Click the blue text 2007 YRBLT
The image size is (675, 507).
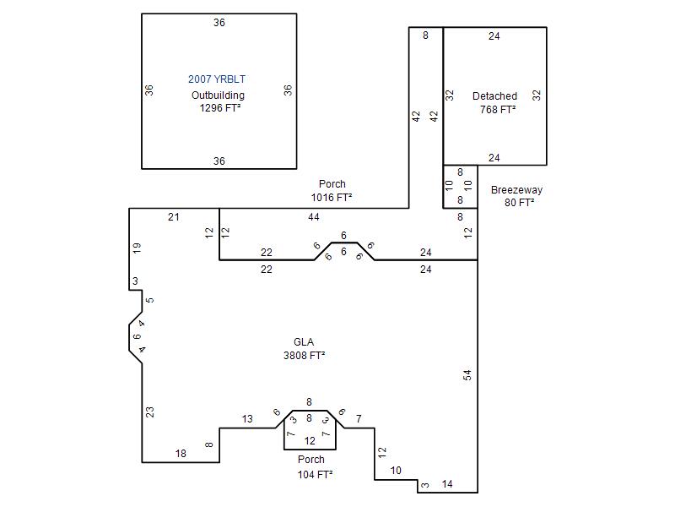coord(217,79)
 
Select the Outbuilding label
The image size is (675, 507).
coord(218,95)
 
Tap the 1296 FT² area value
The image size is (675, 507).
coord(220,108)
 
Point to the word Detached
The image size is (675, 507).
coord(494,96)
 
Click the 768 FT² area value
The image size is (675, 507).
coord(498,110)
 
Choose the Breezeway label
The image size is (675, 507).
coord(516,190)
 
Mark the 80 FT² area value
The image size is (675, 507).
coord(519,202)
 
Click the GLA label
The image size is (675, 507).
coord(304,342)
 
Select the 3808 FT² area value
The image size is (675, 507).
coord(304,355)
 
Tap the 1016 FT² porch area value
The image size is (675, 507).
coord(332,198)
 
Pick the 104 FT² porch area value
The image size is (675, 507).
coord(315,475)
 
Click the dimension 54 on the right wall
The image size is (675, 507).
coord(467,375)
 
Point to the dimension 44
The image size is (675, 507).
coord(314,217)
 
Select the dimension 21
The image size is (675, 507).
coord(174,217)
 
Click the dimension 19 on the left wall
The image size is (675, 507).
coord(137,248)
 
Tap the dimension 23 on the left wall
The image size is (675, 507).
coord(150,412)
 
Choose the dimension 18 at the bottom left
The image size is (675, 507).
coord(181,454)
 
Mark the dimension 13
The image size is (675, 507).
coord(247,419)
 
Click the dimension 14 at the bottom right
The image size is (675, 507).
coord(447,484)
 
